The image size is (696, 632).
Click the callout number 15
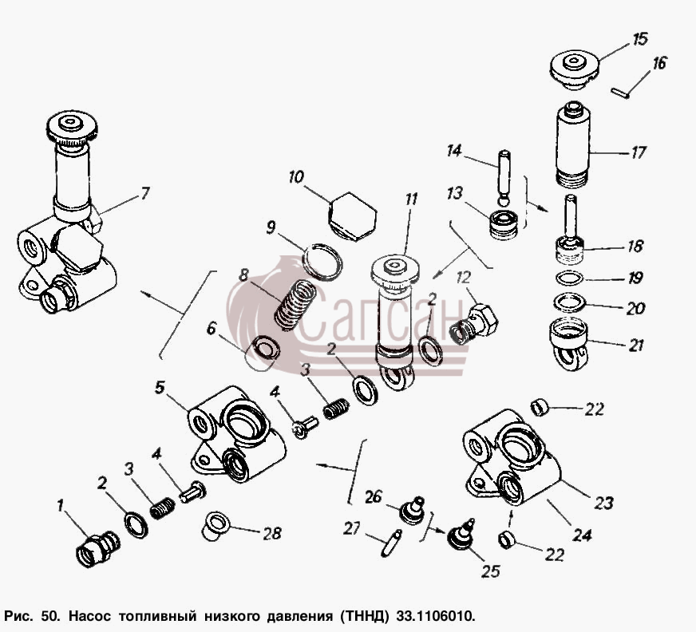pyautogui.click(x=639, y=39)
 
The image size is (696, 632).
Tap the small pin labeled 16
pyautogui.click(x=619, y=93)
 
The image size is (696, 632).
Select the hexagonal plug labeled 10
pyautogui.click(x=353, y=216)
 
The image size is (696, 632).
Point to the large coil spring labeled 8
pyautogui.click(x=295, y=305)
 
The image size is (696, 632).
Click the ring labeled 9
pyautogui.click(x=322, y=262)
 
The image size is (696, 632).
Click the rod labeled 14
pyautogui.click(x=504, y=177)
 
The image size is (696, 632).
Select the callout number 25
pyautogui.click(x=491, y=571)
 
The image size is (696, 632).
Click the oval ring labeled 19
pyautogui.click(x=569, y=278)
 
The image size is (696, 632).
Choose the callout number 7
pyautogui.click(x=145, y=194)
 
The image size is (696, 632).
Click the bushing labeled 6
pyautogui.click(x=263, y=353)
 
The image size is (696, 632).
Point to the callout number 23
pyautogui.click(x=603, y=503)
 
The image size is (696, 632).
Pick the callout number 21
pyautogui.click(x=636, y=345)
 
